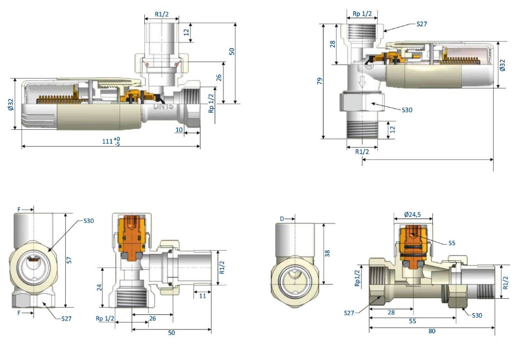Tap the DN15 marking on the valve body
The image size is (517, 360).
pyautogui.click(x=163, y=107)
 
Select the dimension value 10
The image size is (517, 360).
pyautogui.click(x=179, y=129)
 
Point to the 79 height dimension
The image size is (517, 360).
pyautogui.click(x=319, y=81)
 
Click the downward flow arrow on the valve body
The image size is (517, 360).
pyautogui.click(x=362, y=81)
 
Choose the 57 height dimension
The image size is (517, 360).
pyautogui.click(x=69, y=260)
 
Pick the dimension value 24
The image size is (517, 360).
pyautogui.click(x=99, y=287)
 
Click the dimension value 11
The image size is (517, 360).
pyautogui.click(x=202, y=296)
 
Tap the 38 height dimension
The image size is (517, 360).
pyautogui.click(x=327, y=253)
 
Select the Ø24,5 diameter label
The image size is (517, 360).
pyautogui.click(x=412, y=215)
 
